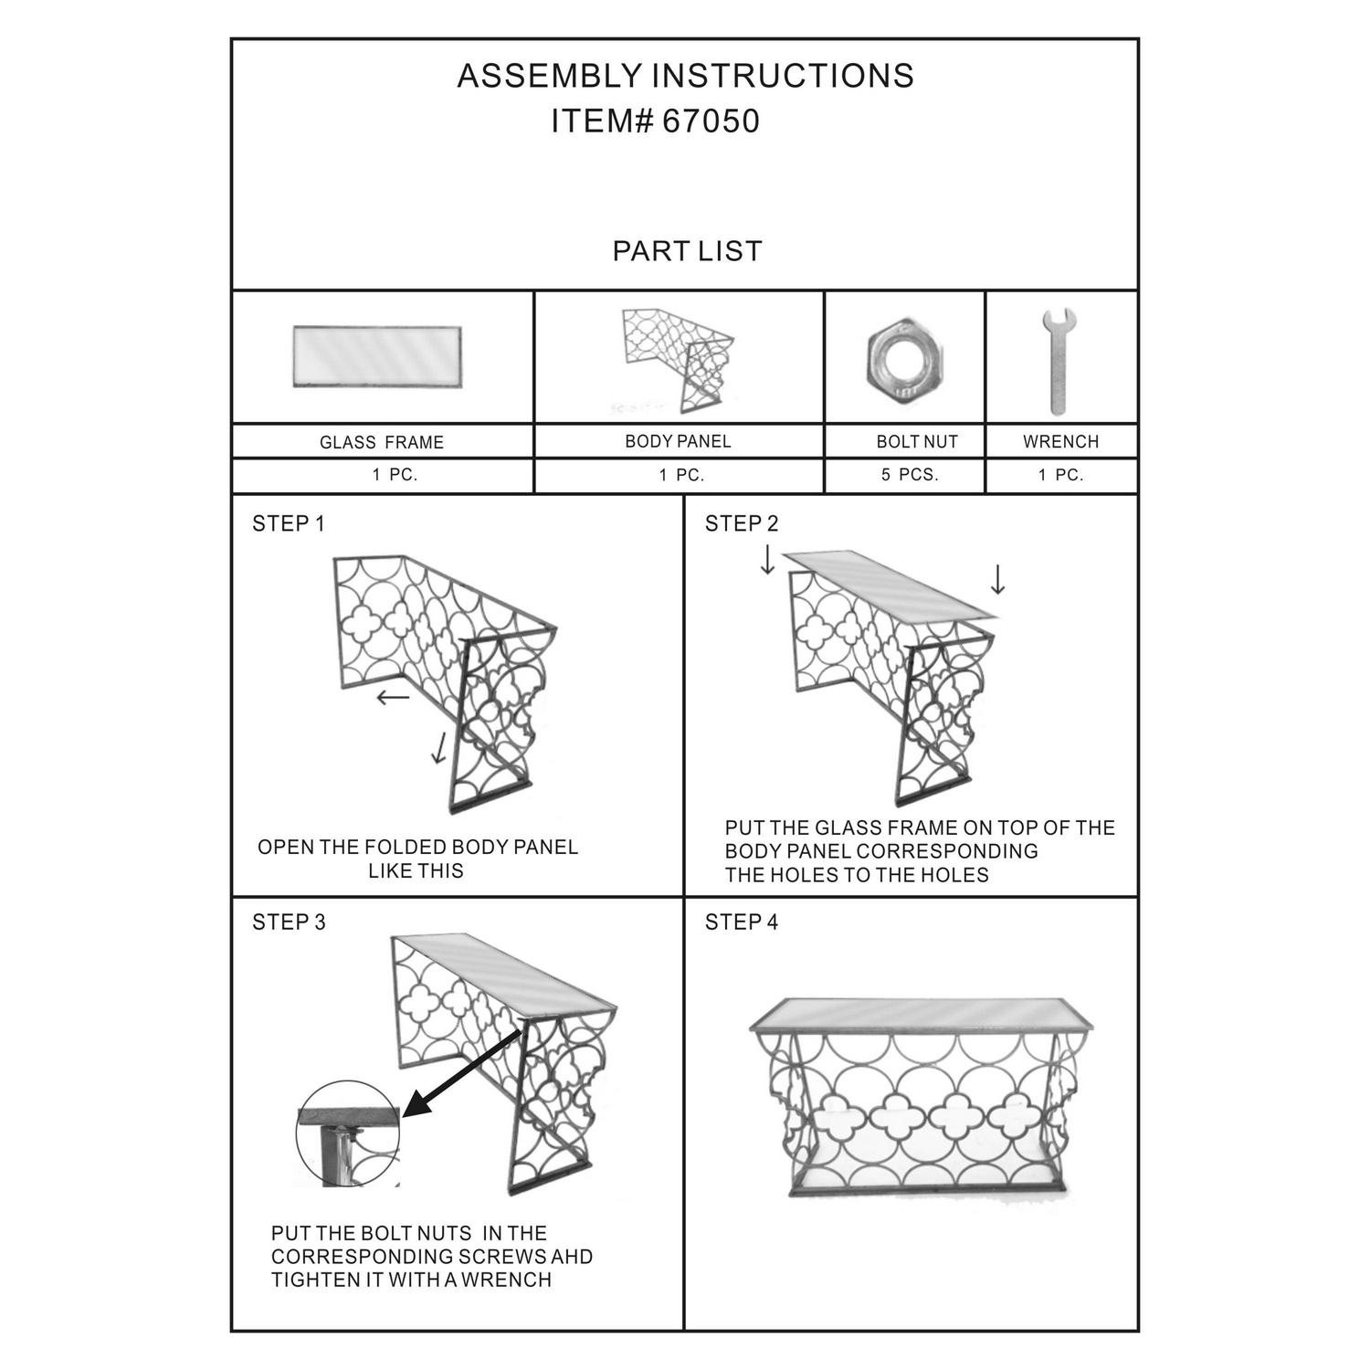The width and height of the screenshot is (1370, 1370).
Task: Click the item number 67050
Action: pos(711,121)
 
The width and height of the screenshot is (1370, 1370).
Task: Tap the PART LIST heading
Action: pos(687,251)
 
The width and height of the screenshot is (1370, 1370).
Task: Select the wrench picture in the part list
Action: pos(1059,361)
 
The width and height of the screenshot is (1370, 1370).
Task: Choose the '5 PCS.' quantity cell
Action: pos(910,475)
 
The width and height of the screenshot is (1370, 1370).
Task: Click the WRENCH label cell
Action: pos(1060,442)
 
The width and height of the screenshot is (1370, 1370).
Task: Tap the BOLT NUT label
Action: pos(917,442)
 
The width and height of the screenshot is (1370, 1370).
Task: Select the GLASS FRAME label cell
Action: pos(382,443)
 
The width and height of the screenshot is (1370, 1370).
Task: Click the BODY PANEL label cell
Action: pos(678,442)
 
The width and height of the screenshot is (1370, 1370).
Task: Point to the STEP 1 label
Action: pos(288,523)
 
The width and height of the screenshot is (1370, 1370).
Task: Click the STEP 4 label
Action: pos(741,922)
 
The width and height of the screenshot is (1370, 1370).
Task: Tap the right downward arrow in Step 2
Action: pos(997,579)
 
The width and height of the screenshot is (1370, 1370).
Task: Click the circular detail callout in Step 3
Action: pos(348,1134)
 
